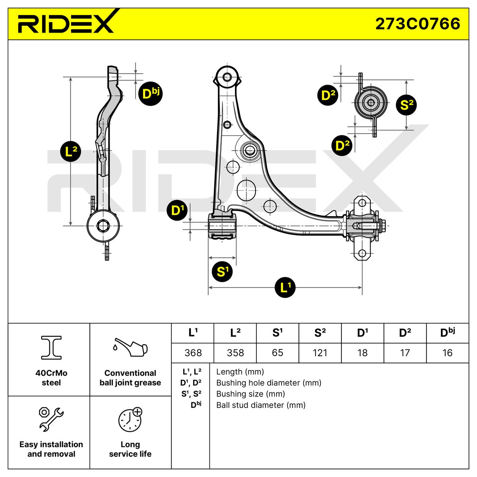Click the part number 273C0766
(418, 23)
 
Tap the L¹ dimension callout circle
(285, 287)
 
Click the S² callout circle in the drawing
(406, 105)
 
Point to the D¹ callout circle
(177, 211)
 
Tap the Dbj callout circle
(150, 94)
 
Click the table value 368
(193, 353)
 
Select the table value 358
(235, 353)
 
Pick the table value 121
(320, 353)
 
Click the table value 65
(277, 353)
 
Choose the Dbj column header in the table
(447, 333)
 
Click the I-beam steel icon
(51, 347)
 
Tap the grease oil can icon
(130, 349)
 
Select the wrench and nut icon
(51, 419)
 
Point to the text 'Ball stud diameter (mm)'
(261, 405)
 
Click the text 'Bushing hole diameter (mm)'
(269, 383)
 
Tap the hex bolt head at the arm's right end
(382, 226)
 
